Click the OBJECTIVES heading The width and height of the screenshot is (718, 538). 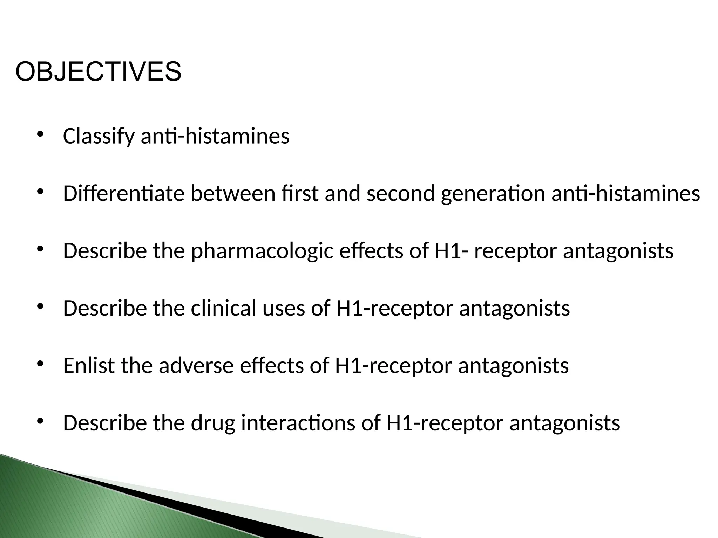[x=98, y=72]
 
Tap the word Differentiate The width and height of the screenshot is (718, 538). [x=123, y=193]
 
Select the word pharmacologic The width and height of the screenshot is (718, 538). [x=262, y=251]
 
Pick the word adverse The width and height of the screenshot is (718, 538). [x=196, y=366]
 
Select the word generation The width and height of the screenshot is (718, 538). [x=493, y=194]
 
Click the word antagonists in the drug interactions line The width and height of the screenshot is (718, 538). [x=564, y=423]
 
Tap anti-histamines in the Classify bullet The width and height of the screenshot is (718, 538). [x=215, y=136]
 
